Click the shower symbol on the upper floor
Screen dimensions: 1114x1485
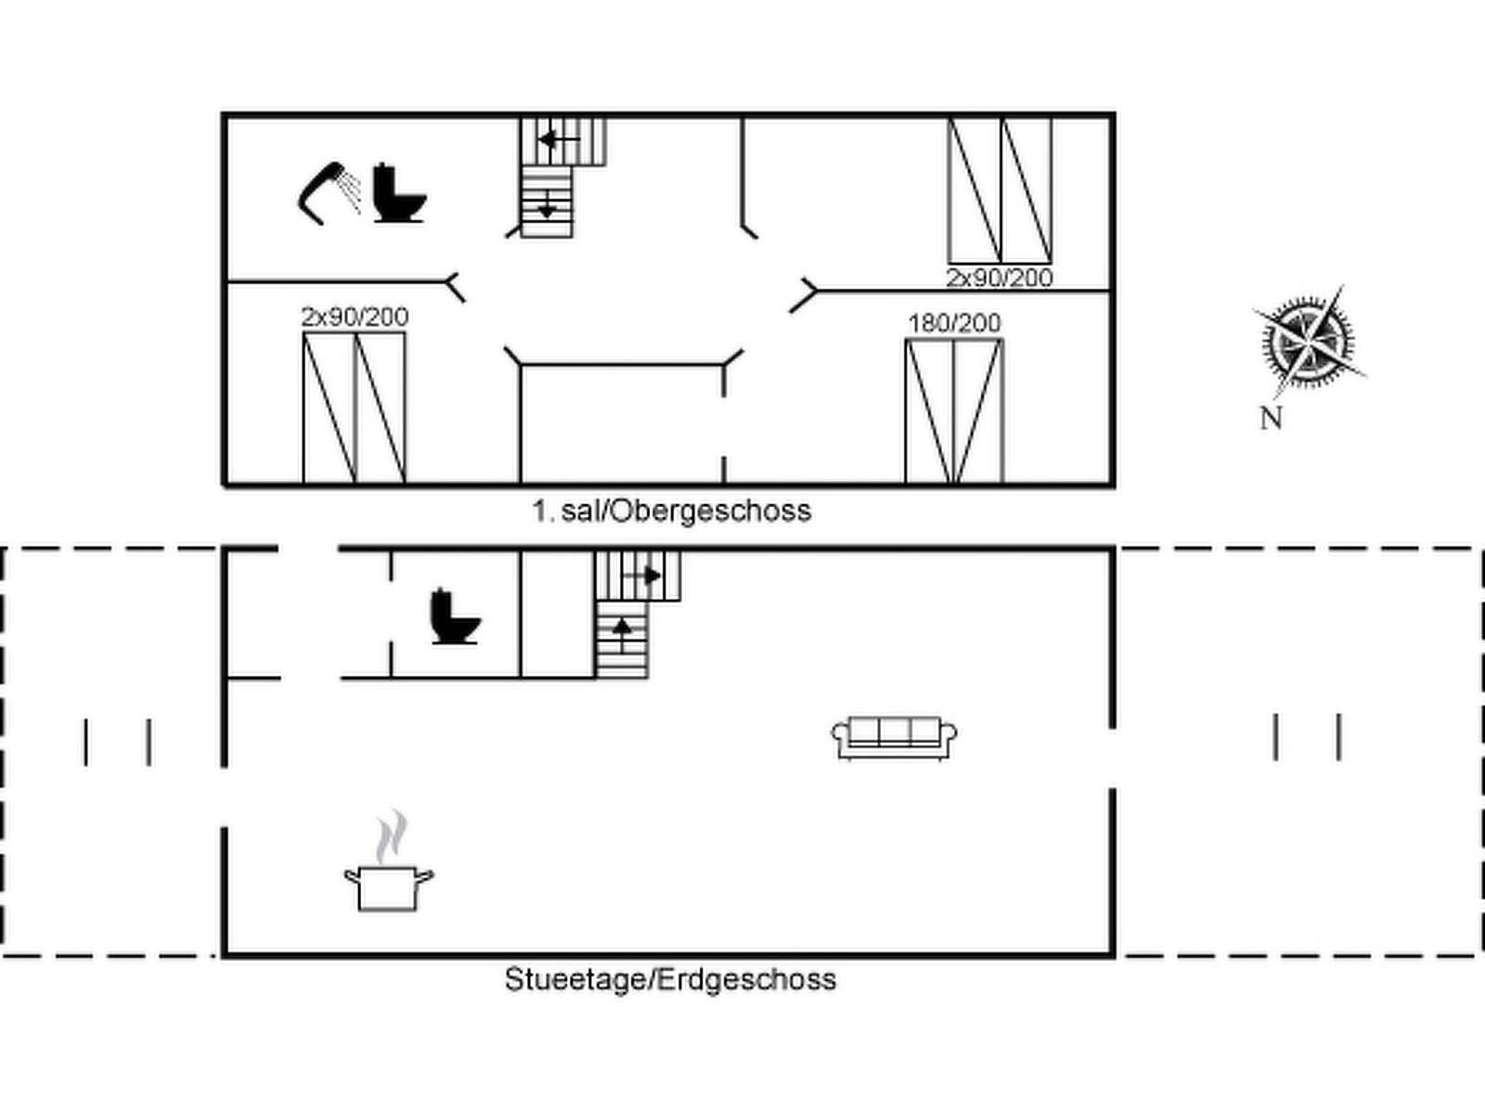(329, 193)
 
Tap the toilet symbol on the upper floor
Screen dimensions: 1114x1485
(398, 193)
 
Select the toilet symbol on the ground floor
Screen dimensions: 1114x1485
(455, 616)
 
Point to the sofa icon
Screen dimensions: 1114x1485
(895, 738)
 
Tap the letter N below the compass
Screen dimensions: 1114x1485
(1271, 419)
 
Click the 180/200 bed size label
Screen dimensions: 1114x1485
(954, 323)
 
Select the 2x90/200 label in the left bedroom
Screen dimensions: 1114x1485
(355, 317)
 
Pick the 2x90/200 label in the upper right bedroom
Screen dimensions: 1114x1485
(999, 278)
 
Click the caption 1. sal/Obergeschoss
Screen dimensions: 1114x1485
(671, 511)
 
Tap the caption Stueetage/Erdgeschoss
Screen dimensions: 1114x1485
(670, 979)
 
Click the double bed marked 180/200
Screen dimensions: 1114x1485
(954, 411)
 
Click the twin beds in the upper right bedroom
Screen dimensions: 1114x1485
(1000, 190)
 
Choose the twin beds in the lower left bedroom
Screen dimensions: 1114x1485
(355, 408)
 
